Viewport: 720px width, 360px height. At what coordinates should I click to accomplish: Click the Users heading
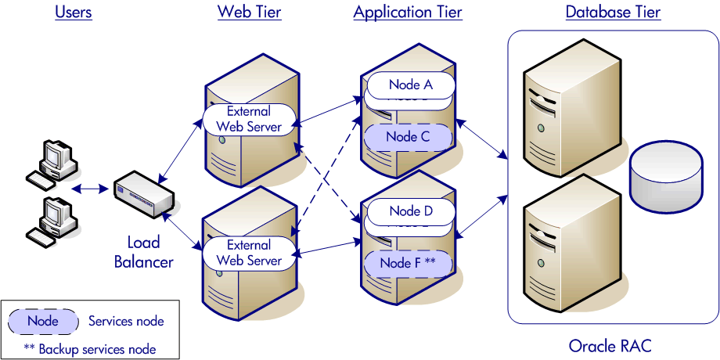pyautogui.click(x=74, y=12)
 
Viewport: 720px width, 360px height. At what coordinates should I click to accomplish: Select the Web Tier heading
pyautogui.click(x=249, y=12)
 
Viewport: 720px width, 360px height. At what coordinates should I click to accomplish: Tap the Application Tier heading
pyautogui.click(x=407, y=12)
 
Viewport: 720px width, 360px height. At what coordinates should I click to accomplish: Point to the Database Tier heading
pyautogui.click(x=613, y=12)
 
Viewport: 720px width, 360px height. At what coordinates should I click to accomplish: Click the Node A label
pyautogui.click(x=410, y=85)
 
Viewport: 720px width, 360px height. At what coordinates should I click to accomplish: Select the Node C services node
pyautogui.click(x=408, y=137)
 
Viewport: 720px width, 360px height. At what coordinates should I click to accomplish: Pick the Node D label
pyautogui.click(x=410, y=211)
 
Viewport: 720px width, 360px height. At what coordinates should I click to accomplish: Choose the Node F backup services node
pyautogui.click(x=408, y=263)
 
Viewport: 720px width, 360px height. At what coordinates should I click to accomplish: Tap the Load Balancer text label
pyautogui.click(x=143, y=252)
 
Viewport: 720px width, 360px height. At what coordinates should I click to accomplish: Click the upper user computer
pyautogui.click(x=52, y=163)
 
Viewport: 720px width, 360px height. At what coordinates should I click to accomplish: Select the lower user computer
pyautogui.click(x=52, y=218)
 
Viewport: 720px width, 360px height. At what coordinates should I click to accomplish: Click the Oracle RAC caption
pyautogui.click(x=610, y=346)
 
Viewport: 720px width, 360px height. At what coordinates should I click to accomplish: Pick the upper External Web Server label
pyautogui.click(x=249, y=119)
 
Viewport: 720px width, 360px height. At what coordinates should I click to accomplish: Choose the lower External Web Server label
pyautogui.click(x=249, y=253)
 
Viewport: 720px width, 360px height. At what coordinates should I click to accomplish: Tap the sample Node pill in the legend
pyautogui.click(x=43, y=321)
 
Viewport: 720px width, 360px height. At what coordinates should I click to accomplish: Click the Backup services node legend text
pyautogui.click(x=90, y=349)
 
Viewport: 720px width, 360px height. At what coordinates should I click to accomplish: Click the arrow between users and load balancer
pyautogui.click(x=91, y=188)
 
